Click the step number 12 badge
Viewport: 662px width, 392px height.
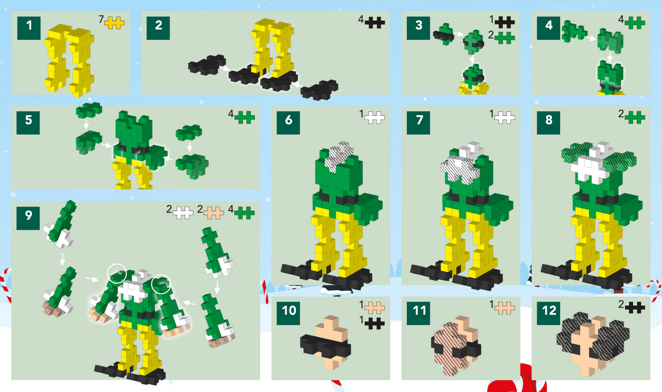pyautogui.click(x=549, y=311)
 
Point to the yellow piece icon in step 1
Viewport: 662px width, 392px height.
pyautogui.click(x=115, y=22)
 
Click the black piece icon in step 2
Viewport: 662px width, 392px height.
pyautogui.click(x=375, y=22)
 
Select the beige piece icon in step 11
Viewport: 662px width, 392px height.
pyautogui.click(x=505, y=306)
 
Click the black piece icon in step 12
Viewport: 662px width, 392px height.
pyautogui.click(x=635, y=306)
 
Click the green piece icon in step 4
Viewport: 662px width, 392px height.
pyautogui.click(x=635, y=22)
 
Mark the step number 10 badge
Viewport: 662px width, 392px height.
pyautogui.click(x=289, y=311)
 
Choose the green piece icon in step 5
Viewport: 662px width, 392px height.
pyautogui.click(x=245, y=117)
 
